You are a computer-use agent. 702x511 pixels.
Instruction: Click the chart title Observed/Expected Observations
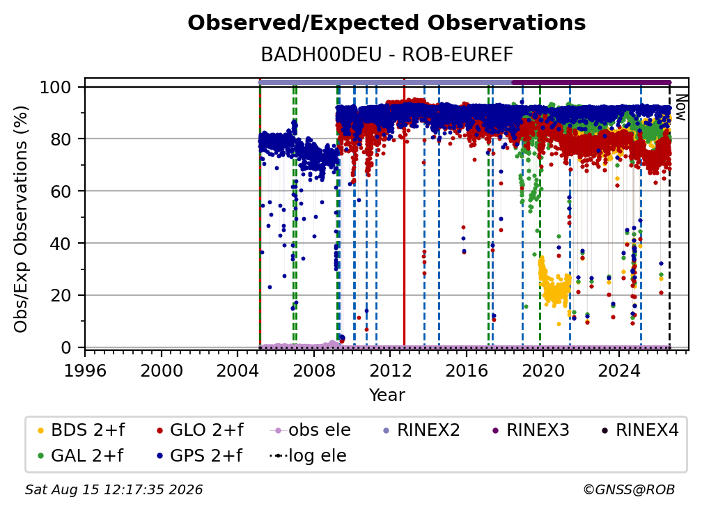coord(387,23)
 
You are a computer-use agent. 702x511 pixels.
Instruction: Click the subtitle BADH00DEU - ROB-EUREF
coord(387,54)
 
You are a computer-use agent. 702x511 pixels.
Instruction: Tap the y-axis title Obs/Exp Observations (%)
coord(21,219)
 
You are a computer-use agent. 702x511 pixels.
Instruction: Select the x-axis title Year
coord(387,395)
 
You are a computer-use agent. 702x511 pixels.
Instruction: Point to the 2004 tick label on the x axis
coord(237,371)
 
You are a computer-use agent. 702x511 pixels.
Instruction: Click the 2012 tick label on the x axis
coord(391,371)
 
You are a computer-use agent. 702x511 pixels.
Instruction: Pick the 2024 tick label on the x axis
coord(619,371)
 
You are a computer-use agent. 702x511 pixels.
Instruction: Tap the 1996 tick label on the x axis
coord(85,371)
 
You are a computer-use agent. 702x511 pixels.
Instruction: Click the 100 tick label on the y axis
coord(56,87)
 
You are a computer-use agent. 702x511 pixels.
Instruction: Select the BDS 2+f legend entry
coord(81,430)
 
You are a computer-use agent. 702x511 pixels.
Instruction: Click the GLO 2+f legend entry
coord(200,430)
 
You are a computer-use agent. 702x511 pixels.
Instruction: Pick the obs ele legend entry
coord(311,430)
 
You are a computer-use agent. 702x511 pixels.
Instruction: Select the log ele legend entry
coord(308,456)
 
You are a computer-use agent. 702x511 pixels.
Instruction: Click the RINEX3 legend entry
coord(531,430)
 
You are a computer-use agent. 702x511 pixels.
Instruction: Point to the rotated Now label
coord(680,107)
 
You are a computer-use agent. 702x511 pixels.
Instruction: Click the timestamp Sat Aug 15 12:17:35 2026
coord(114,489)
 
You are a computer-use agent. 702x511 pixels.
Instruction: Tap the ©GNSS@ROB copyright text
coord(629,489)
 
